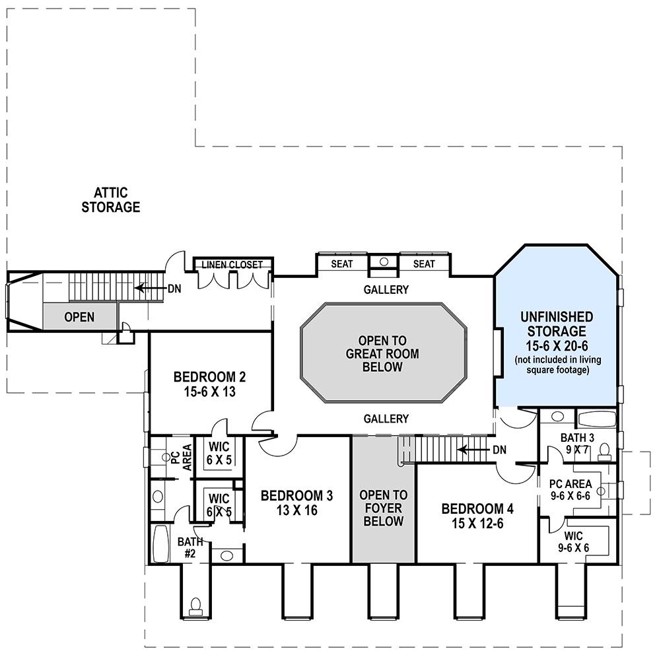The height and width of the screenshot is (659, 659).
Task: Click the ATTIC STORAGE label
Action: tap(110, 200)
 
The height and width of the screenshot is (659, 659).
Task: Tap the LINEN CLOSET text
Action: tap(232, 265)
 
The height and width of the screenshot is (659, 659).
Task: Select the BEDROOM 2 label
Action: tap(209, 376)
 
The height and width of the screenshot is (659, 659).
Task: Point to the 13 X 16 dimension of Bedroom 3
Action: tap(296, 510)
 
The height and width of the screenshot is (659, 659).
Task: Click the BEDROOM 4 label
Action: tap(477, 509)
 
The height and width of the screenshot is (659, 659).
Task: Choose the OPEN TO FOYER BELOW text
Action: tap(383, 508)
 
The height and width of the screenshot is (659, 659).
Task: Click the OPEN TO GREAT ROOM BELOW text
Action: tap(382, 354)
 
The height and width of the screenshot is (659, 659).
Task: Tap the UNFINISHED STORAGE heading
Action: tap(557, 324)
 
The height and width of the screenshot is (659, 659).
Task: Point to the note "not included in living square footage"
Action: tap(558, 364)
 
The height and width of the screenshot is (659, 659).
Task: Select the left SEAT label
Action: tap(341, 264)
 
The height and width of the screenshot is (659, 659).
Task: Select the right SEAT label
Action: tap(424, 264)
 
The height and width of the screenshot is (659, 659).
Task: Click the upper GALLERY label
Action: tap(386, 290)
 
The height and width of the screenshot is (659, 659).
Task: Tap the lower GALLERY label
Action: tap(386, 419)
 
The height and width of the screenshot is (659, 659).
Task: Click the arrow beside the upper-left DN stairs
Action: tap(150, 289)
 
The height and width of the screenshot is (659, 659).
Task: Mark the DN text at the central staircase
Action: tap(499, 450)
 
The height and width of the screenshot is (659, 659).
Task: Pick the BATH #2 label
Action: tap(190, 547)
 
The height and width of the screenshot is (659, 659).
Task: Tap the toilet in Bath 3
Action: tap(604, 452)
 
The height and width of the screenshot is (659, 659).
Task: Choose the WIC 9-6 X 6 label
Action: tap(573, 541)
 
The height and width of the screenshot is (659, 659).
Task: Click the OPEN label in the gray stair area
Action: tap(79, 317)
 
